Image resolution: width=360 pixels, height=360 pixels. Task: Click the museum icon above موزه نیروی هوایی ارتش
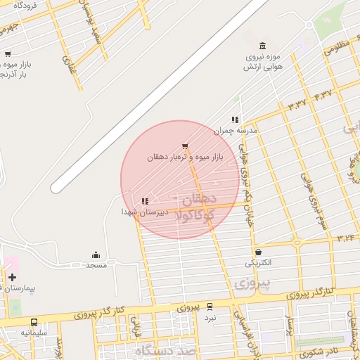click(263, 46)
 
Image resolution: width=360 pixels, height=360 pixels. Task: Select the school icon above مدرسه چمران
click(235, 120)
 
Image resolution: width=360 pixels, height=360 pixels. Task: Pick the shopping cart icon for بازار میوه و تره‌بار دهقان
click(185, 146)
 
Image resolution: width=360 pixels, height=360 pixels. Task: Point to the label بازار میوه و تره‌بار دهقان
click(184, 157)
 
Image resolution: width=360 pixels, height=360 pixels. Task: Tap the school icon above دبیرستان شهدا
click(145, 201)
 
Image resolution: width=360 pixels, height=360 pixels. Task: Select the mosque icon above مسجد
click(96, 255)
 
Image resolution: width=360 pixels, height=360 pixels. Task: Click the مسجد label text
click(96, 265)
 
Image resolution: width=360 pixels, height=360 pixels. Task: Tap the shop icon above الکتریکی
click(259, 252)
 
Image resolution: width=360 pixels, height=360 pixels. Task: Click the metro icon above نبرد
click(210, 307)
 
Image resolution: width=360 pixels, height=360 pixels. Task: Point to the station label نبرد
click(210, 317)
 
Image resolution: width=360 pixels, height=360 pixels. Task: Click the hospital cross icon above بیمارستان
click(12, 277)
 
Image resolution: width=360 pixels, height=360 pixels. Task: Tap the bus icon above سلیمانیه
click(34, 321)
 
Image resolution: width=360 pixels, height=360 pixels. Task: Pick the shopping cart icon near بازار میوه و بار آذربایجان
click(7, 53)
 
